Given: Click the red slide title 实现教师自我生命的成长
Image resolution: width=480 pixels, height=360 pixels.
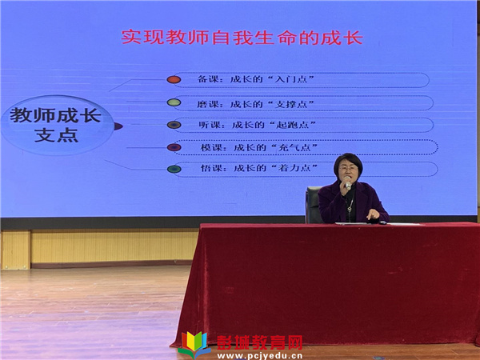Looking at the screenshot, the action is (242, 38).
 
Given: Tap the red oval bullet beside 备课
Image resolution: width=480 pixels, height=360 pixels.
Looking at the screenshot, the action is (174, 79).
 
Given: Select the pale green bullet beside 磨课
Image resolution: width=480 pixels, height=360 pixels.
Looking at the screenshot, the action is (174, 102).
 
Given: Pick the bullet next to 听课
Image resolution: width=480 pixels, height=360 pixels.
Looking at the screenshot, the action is (174, 125).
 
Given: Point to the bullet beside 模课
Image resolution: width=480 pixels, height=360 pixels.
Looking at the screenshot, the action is (174, 147).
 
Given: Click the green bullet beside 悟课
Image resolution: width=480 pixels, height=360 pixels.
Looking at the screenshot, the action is (174, 169).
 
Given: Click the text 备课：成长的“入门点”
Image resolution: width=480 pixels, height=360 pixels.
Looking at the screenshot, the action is (256, 79).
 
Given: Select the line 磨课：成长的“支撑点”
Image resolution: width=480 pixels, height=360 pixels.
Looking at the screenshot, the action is (256, 104).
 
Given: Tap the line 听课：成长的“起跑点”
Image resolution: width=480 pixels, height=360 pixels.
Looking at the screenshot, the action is (258, 125).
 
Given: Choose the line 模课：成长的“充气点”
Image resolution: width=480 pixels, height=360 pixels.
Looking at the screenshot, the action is (259, 147).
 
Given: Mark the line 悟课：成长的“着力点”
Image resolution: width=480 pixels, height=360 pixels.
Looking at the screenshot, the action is (259, 168).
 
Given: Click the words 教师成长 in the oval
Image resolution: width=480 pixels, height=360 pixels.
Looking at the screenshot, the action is (55, 115).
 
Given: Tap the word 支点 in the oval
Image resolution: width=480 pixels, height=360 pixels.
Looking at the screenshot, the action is (56, 135).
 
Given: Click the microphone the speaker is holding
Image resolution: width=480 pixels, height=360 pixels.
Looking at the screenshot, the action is (348, 183).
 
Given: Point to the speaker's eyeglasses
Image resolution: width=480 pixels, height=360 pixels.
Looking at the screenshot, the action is (348, 168).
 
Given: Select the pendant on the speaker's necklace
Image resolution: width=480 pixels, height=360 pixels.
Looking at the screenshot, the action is (350, 210).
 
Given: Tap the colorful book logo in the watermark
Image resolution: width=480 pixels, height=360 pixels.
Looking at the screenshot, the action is (194, 344).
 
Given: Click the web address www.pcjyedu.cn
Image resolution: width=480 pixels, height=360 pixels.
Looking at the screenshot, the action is (259, 356).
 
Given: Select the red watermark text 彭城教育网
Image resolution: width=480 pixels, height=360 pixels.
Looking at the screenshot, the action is (259, 342).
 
